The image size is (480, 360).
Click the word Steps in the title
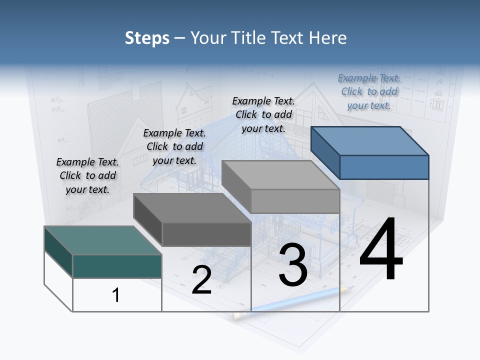[147, 38]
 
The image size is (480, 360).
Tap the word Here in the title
[328, 38]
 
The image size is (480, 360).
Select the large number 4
[381, 250]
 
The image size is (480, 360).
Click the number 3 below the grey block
[293, 265]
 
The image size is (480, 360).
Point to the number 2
[201, 280]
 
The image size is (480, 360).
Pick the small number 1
[116, 295]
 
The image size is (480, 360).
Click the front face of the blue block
[384, 167]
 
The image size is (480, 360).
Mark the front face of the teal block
[117, 266]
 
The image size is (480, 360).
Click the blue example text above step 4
[369, 91]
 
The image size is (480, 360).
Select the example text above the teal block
[87, 175]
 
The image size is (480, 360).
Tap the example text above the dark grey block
[174, 146]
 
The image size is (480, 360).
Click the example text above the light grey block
[263, 114]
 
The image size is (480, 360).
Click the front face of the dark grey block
[206, 234]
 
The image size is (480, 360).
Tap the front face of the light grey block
[295, 201]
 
